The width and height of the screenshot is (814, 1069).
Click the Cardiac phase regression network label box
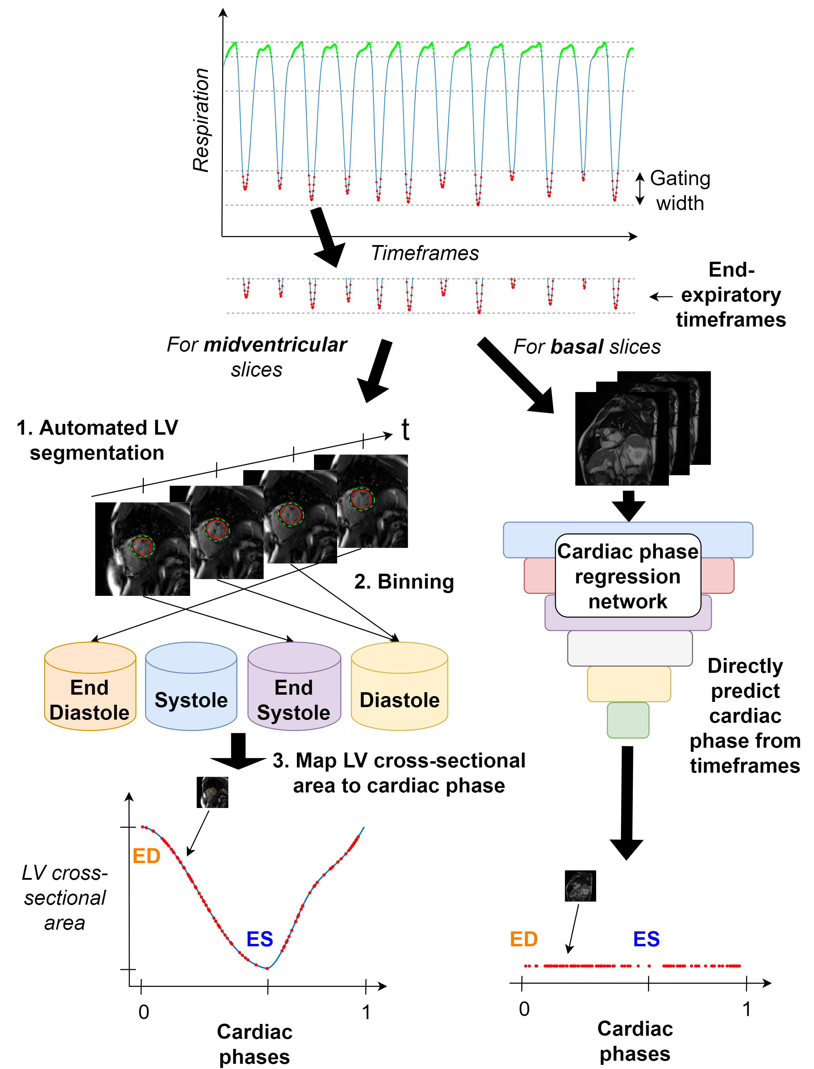(628, 576)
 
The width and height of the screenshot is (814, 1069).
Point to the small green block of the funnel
(628, 720)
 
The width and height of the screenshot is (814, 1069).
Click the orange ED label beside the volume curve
(146, 856)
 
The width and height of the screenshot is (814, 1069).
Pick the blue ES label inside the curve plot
(260, 939)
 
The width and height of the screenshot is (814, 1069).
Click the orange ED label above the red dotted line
(524, 939)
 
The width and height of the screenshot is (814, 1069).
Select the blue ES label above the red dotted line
(646, 939)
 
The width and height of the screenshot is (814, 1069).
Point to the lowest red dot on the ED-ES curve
(267, 968)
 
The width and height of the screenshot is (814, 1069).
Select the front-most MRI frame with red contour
(142, 549)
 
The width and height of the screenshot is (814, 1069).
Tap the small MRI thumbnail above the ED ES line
(579, 887)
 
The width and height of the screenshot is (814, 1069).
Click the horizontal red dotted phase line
(632, 966)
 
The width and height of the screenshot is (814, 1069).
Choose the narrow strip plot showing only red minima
(429, 296)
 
